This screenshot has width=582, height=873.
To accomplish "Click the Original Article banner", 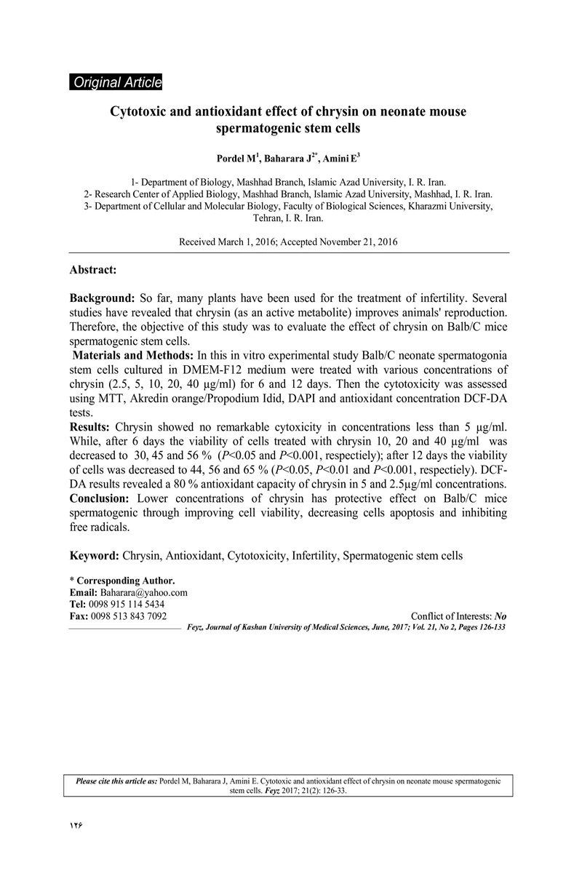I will (x=116, y=82).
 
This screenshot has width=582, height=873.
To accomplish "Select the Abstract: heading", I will (x=93, y=270).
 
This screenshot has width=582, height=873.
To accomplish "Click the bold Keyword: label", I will (x=95, y=556).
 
